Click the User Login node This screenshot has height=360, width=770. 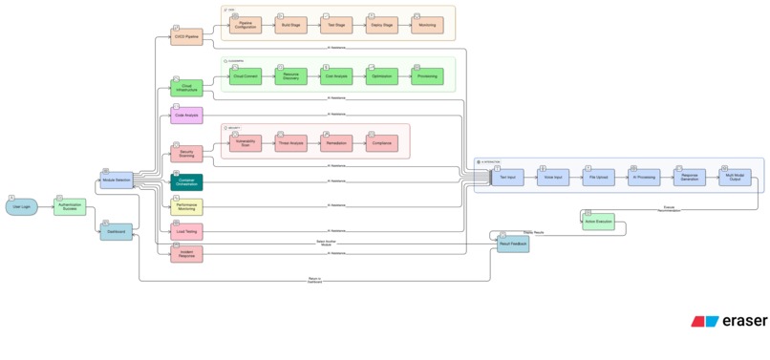(x=21, y=206)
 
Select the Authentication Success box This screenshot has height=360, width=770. (x=70, y=206)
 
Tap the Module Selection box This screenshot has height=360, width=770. (x=117, y=180)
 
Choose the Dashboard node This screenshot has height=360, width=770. (x=117, y=231)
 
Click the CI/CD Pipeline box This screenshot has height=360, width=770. (x=186, y=37)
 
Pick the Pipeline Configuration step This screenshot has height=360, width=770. (x=245, y=26)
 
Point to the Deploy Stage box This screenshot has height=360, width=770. (x=381, y=26)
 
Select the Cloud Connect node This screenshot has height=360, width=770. (x=245, y=75)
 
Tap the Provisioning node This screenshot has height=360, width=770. (x=427, y=75)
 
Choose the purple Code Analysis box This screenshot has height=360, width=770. (x=186, y=116)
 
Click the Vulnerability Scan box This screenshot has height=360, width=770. (x=245, y=143)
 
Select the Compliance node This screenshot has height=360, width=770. (x=381, y=143)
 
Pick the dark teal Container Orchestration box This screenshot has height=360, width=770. (x=186, y=181)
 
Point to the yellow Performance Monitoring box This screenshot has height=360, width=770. (x=186, y=206)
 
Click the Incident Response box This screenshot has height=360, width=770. (x=186, y=253)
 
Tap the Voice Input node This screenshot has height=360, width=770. (x=552, y=177)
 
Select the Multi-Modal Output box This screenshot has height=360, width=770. (x=736, y=177)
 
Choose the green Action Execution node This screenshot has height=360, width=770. (x=604, y=226)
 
